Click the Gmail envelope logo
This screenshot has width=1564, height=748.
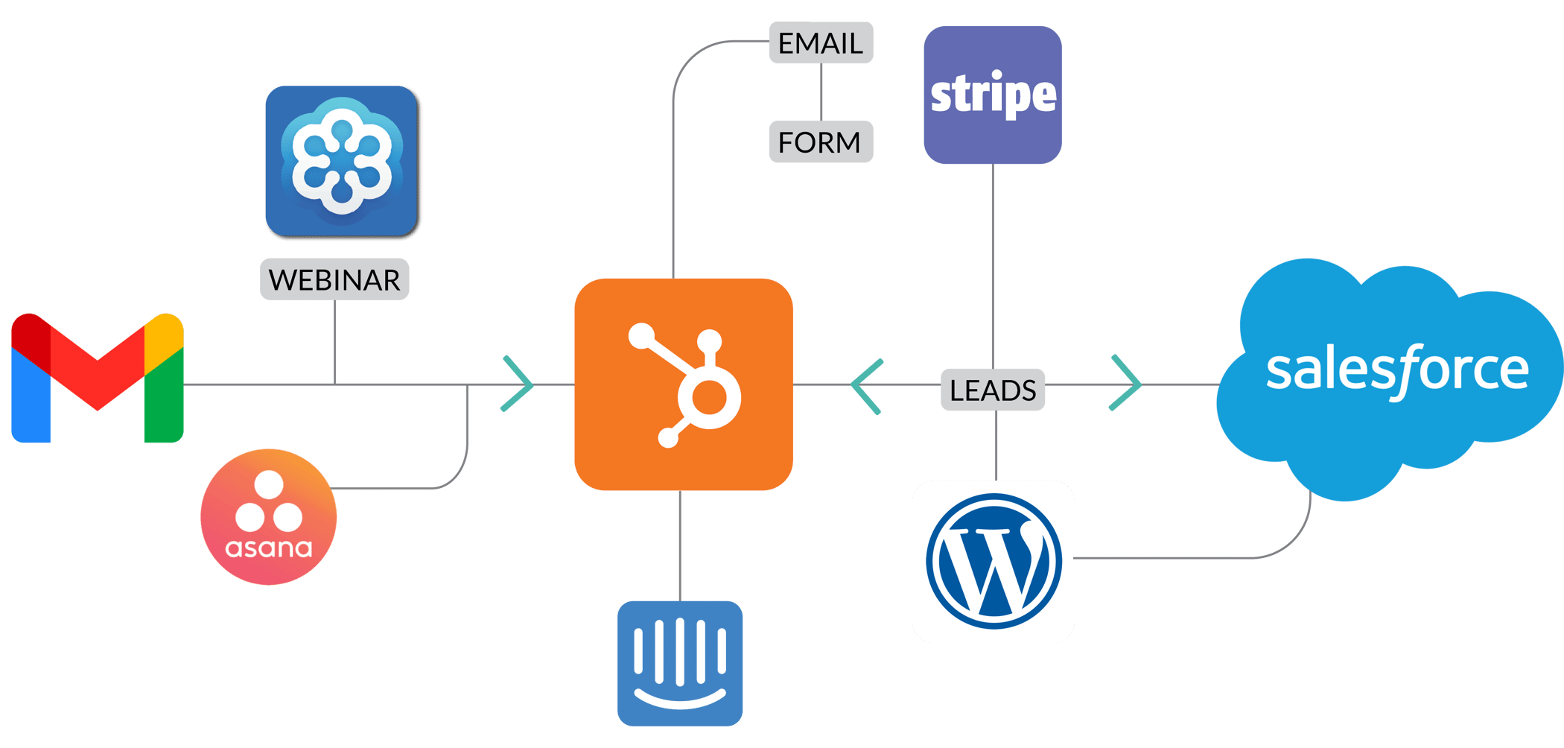(x=97, y=378)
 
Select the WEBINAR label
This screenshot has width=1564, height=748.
(x=334, y=280)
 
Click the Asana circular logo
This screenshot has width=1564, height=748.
(x=269, y=516)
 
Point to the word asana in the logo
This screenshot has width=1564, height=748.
(x=269, y=549)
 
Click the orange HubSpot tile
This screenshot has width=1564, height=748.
(x=683, y=384)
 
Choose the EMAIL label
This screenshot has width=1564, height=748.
(x=820, y=43)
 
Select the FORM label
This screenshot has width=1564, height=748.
(x=820, y=142)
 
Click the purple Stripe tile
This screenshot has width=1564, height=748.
(x=993, y=95)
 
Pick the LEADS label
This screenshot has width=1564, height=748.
(x=993, y=390)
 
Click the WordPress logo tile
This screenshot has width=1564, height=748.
(x=994, y=562)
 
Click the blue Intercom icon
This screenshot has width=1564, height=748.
(x=680, y=663)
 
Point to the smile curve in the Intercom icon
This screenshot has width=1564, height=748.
(x=680, y=701)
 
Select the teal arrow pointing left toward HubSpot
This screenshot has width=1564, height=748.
(x=865, y=386)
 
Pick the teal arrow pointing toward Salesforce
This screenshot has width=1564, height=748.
(x=1127, y=384)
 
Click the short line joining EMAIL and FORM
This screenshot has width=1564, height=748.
(x=821, y=92)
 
